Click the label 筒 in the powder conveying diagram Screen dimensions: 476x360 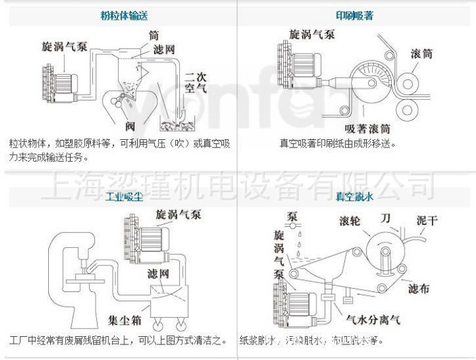[x=154, y=34]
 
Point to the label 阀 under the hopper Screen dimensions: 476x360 [x=132, y=126]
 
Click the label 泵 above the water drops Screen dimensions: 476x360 [x=293, y=217]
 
